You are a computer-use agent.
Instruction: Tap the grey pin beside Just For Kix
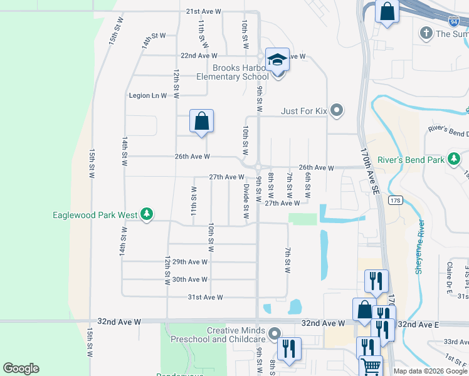(337, 111)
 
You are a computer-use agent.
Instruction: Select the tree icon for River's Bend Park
(453, 160)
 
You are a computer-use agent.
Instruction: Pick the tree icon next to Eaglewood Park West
(147, 215)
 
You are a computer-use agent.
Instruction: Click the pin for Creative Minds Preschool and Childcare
(273, 333)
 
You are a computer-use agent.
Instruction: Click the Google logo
(21, 368)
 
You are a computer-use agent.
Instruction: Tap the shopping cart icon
(371, 366)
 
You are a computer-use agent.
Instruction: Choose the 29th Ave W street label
(190, 261)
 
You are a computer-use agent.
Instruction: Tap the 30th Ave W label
(190, 279)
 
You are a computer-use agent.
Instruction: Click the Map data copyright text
(430, 371)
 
